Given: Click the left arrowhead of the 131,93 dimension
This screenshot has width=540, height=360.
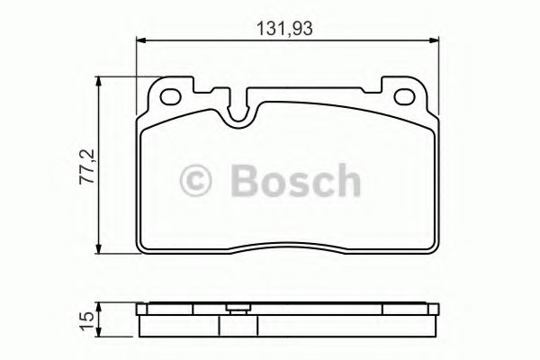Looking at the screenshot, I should click(x=140, y=40).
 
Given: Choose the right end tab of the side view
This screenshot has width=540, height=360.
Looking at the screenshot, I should click(x=431, y=311).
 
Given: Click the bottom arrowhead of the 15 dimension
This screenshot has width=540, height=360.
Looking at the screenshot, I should click(x=99, y=330).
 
